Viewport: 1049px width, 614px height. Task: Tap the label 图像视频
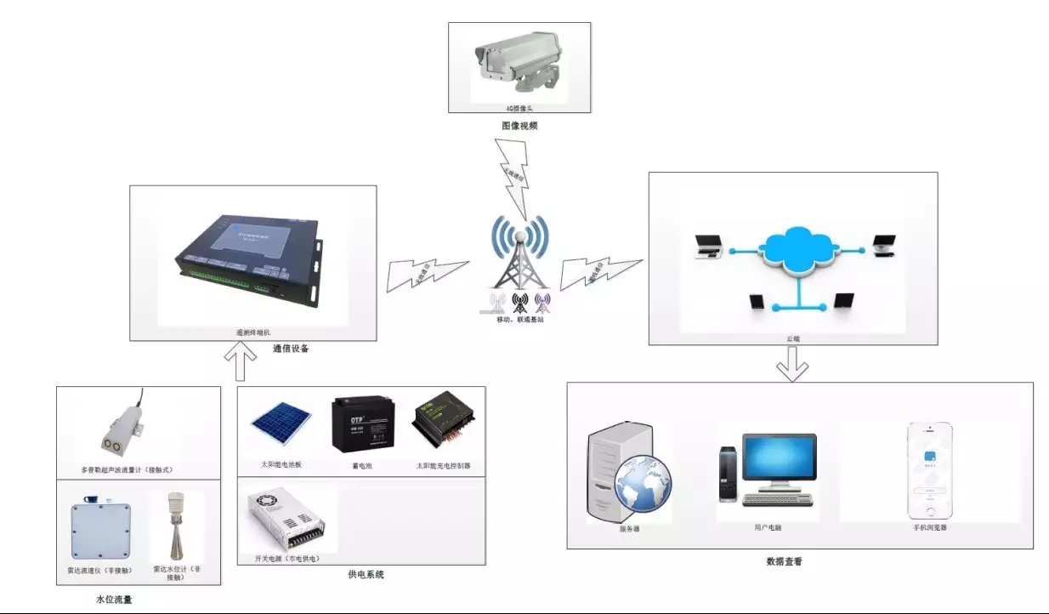(x=519, y=126)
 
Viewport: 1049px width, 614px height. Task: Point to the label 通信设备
(x=291, y=349)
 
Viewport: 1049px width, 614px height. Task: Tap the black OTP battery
(x=363, y=424)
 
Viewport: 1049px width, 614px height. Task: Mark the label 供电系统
(x=366, y=575)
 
